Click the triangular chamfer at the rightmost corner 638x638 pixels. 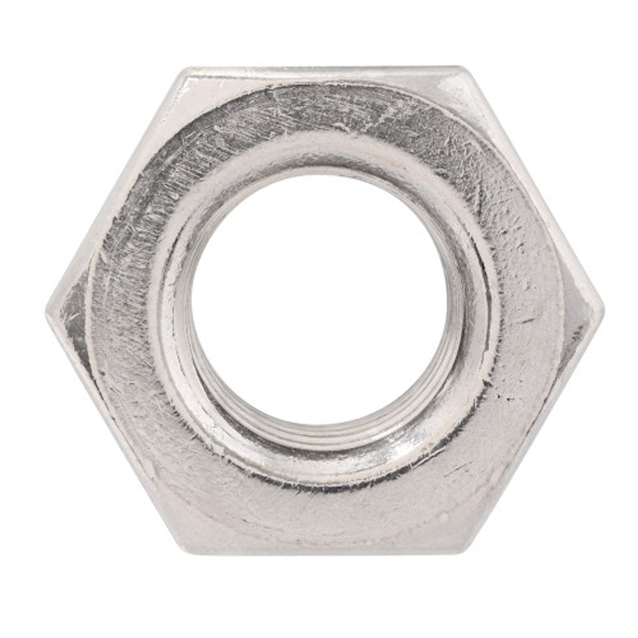[581, 309]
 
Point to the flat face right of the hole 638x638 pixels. [528, 309]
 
